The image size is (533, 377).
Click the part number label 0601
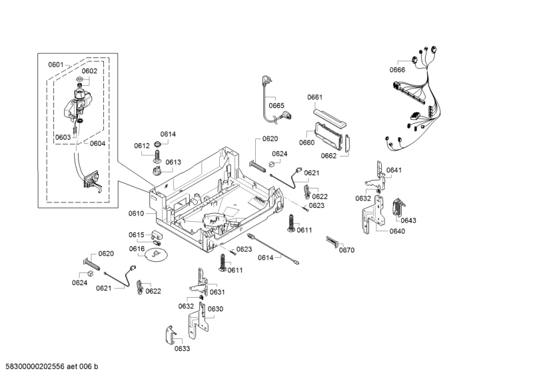[x=55, y=65]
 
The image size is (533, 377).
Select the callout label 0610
[x=136, y=214]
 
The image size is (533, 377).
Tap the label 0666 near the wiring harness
[x=397, y=70]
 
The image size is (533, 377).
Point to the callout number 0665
[x=276, y=105]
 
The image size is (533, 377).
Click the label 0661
[x=315, y=97]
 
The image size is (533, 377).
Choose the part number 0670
[x=346, y=250]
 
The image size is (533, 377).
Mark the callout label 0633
[x=182, y=348]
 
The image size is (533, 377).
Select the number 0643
[x=408, y=220]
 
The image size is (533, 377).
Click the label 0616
[x=137, y=249]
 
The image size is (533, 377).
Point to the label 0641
[x=394, y=171]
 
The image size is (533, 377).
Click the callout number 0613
[x=173, y=162]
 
